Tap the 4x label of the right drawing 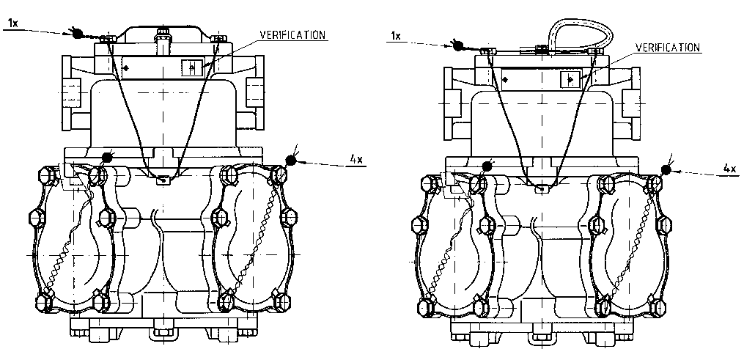click(729, 169)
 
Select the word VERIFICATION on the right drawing click(668, 48)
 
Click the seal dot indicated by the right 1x click(457, 45)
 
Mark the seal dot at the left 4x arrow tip click(291, 159)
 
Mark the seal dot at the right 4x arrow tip click(666, 169)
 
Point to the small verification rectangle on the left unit click(191, 67)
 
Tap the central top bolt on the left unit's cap click(161, 34)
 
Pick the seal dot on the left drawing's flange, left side click(108, 157)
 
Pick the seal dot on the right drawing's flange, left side click(485, 167)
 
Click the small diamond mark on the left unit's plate click(126, 68)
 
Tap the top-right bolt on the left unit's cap click(216, 37)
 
